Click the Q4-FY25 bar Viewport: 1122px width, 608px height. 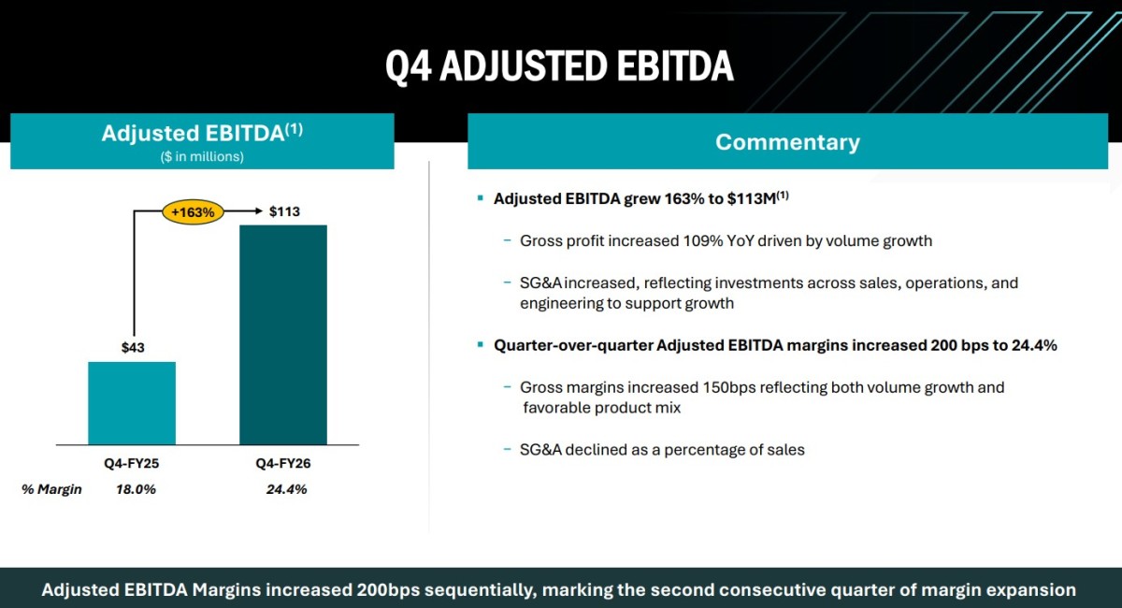pos(132,403)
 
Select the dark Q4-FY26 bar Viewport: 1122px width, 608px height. pos(283,335)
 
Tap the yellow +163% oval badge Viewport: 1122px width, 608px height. pos(193,212)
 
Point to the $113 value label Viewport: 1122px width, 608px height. pos(284,211)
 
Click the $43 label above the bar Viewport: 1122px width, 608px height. pos(133,347)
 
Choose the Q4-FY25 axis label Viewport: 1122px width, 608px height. pos(131,463)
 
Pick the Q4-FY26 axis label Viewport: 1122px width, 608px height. pos(283,463)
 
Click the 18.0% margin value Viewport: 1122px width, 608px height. pos(136,489)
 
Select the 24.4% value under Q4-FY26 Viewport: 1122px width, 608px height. pos(286,489)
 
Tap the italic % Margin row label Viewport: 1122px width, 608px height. pos(51,489)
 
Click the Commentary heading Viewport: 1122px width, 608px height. pos(787,142)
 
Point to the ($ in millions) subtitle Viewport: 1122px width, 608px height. pos(202,156)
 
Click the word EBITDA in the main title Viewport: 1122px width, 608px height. pos(675,65)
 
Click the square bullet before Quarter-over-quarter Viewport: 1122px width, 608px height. pos(481,345)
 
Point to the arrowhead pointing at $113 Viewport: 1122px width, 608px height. pos(259,211)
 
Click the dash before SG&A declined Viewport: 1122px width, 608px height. pos(508,449)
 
